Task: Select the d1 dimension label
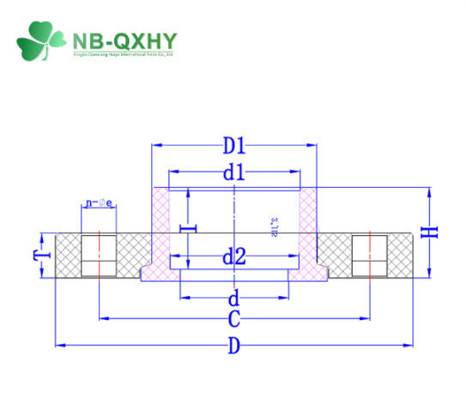233,172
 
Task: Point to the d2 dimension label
233,256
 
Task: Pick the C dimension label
233,319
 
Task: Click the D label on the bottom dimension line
233,346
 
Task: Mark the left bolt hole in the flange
99,255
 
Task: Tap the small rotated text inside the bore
273,225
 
